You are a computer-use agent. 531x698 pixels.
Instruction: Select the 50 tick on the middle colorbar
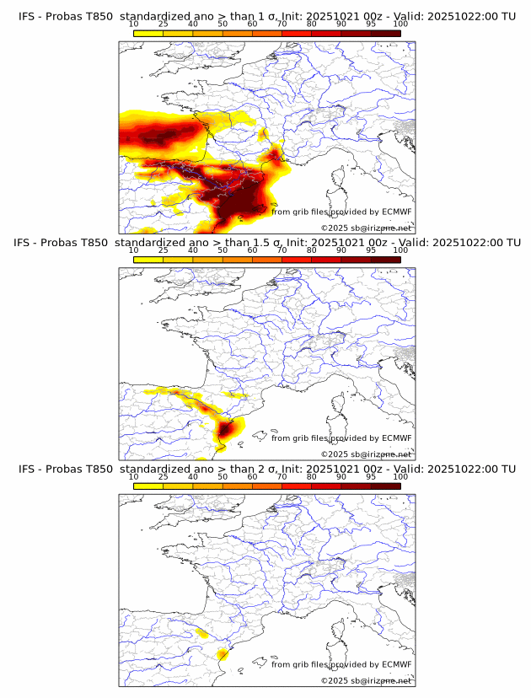[x=223, y=250]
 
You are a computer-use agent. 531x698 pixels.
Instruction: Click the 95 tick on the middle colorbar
[x=371, y=250]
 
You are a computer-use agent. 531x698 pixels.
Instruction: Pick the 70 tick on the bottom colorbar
[x=282, y=476]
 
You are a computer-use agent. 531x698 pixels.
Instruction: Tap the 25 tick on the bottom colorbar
[x=164, y=476]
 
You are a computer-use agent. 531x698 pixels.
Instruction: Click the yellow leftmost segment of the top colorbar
[x=148, y=33]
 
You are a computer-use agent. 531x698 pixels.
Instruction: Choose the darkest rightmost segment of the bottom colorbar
[x=385, y=486]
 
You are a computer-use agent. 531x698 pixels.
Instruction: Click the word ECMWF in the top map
[x=395, y=212]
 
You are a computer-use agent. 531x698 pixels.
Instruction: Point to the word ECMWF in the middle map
[x=395, y=438]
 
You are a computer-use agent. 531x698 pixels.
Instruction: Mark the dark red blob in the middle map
[x=226, y=431]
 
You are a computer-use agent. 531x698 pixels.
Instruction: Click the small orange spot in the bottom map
[x=223, y=653]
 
